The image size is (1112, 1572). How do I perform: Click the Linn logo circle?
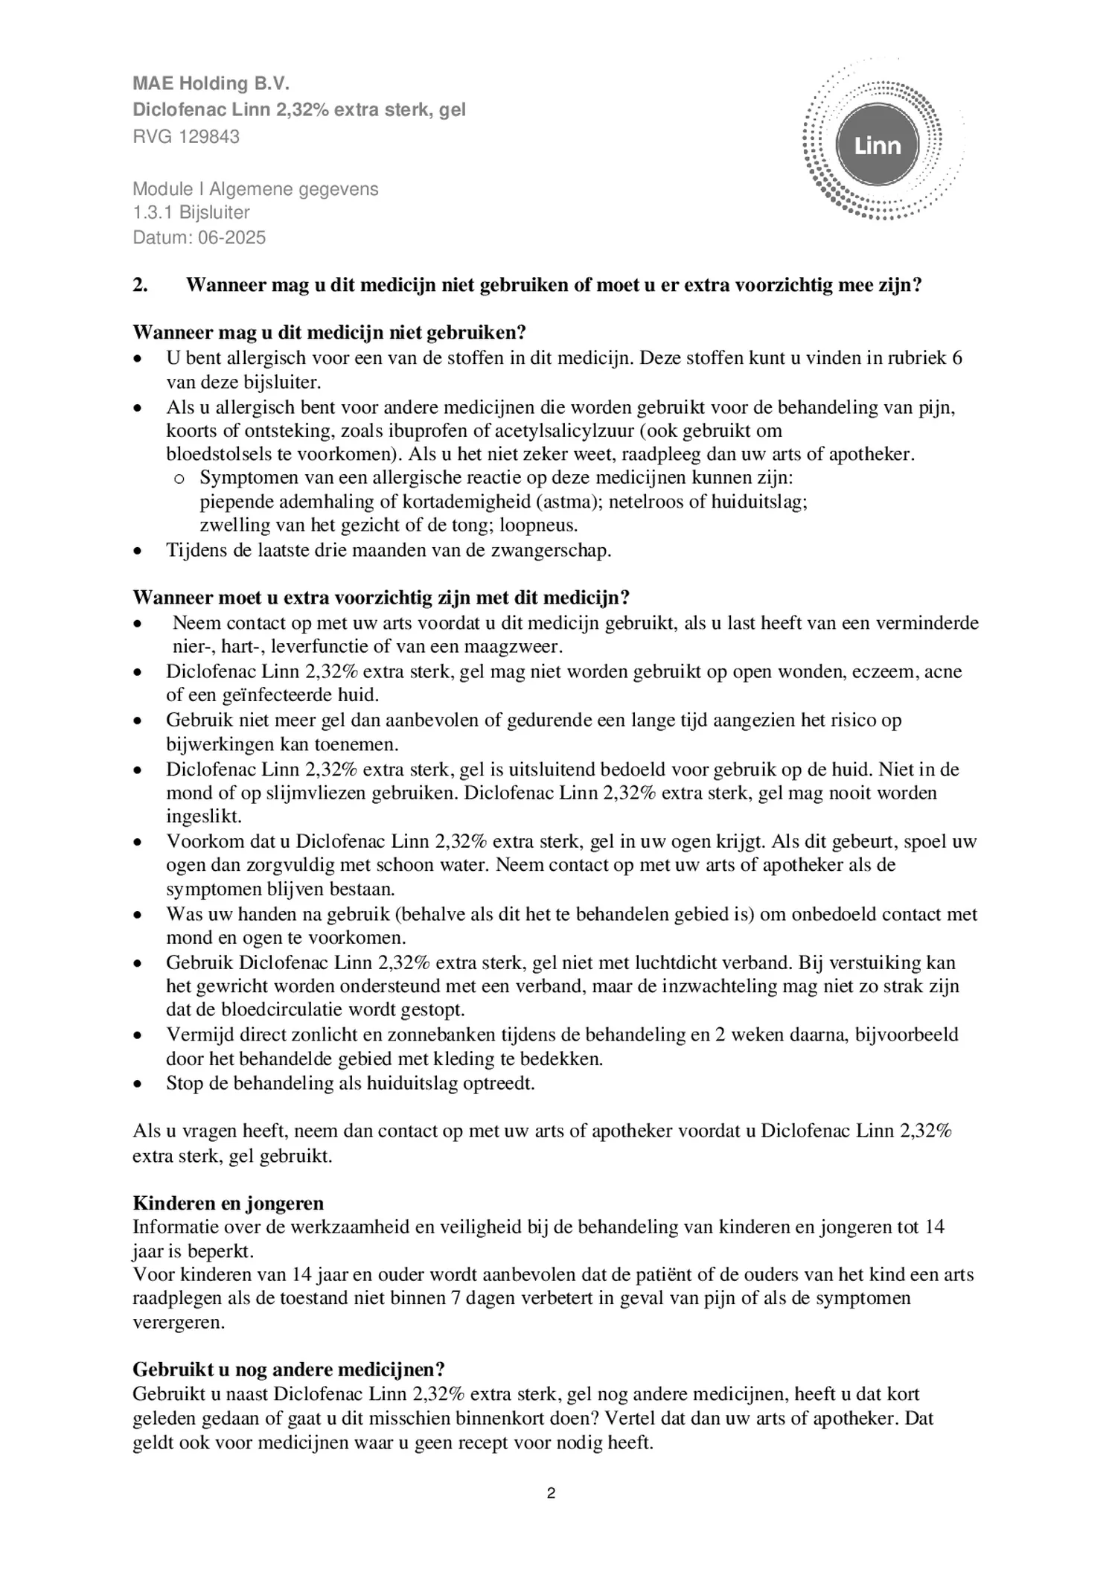[x=878, y=145]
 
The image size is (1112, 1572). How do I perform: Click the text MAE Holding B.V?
[x=211, y=83]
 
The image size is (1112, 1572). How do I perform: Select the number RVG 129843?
[x=186, y=137]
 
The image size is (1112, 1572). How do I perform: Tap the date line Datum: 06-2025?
[x=199, y=237]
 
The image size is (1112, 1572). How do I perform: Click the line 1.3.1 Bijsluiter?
[x=191, y=213]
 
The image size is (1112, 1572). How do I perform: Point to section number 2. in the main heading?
[x=140, y=285]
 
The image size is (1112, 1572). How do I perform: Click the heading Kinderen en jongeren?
[x=228, y=1204]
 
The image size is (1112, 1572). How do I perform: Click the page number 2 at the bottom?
[x=551, y=1493]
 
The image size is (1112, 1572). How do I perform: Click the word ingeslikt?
[x=204, y=817]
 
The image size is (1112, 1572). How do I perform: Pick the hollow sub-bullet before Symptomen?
[x=178, y=479]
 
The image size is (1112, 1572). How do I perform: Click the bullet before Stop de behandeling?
[x=137, y=1084]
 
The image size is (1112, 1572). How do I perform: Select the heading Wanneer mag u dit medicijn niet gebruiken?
[x=330, y=333]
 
